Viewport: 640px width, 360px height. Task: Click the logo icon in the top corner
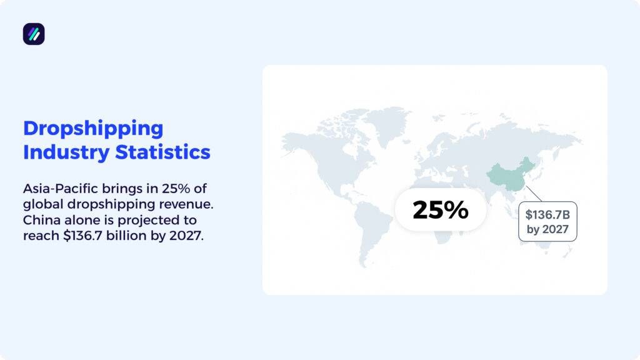tap(34, 34)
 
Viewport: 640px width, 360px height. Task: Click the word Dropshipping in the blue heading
tap(93, 128)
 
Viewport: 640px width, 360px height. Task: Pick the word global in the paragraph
tap(39, 204)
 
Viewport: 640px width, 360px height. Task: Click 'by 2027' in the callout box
tap(547, 229)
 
